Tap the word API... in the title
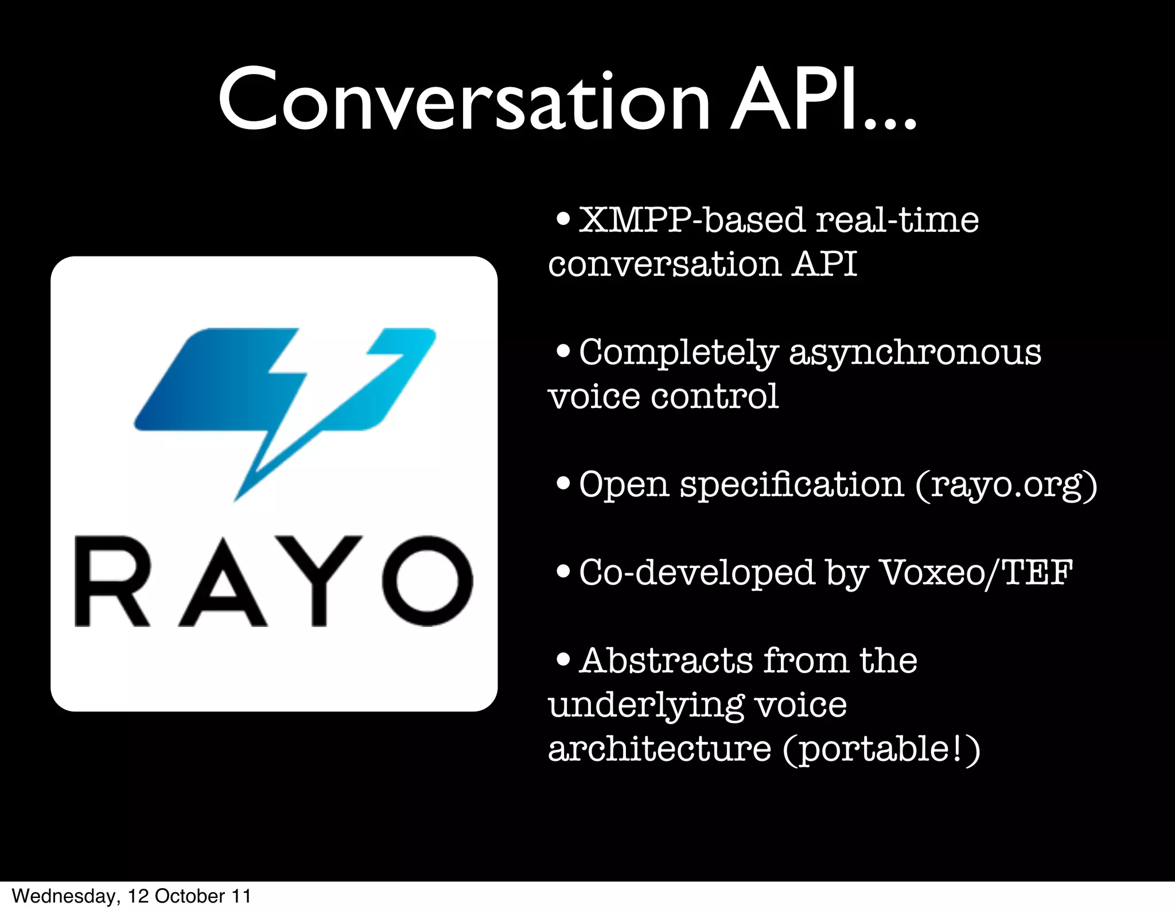tap(823, 100)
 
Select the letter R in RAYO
tap(112, 581)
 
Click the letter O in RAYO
tap(427, 581)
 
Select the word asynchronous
tap(915, 353)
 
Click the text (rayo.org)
tap(1006, 485)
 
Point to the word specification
tap(792, 485)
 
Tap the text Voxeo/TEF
tap(976, 573)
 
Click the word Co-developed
tap(697, 573)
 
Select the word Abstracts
tap(666, 660)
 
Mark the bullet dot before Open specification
tap(563, 484)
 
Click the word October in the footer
tap(189, 896)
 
